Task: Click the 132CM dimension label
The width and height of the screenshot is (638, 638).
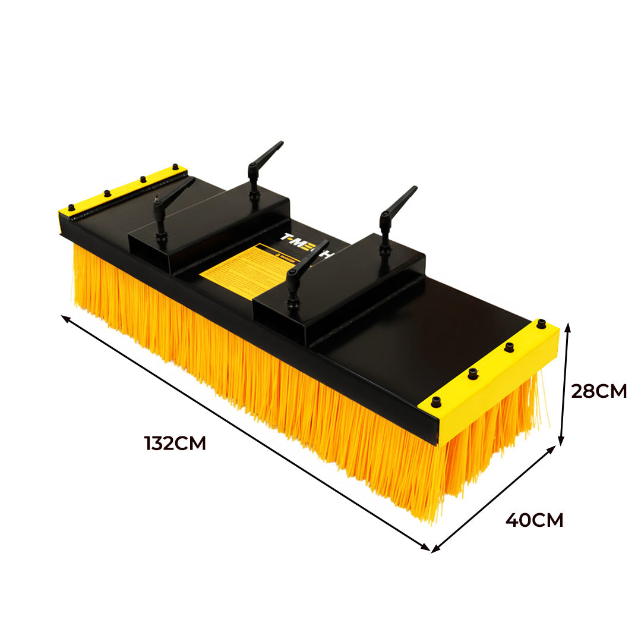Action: click(x=175, y=443)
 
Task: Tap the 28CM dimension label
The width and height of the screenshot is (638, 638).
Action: click(x=598, y=391)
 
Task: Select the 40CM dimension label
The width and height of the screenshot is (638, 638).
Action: click(x=534, y=520)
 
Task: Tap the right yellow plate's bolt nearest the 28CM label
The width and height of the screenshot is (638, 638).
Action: click(x=541, y=324)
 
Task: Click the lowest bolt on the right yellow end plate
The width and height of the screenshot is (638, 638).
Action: click(x=437, y=401)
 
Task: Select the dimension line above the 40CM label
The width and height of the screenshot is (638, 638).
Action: click(x=493, y=499)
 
